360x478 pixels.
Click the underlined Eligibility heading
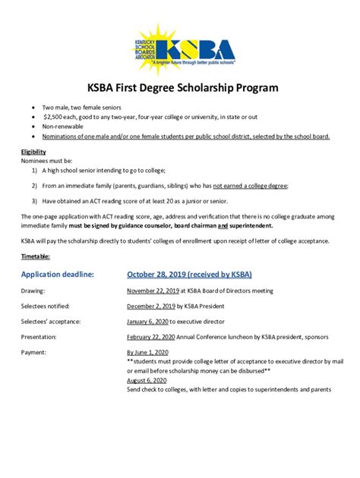(x=33, y=152)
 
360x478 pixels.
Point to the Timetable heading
(x=36, y=256)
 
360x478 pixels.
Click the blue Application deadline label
(x=58, y=274)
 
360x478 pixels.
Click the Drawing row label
(x=33, y=291)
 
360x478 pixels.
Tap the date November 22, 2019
(x=153, y=291)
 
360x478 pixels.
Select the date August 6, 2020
(x=146, y=380)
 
